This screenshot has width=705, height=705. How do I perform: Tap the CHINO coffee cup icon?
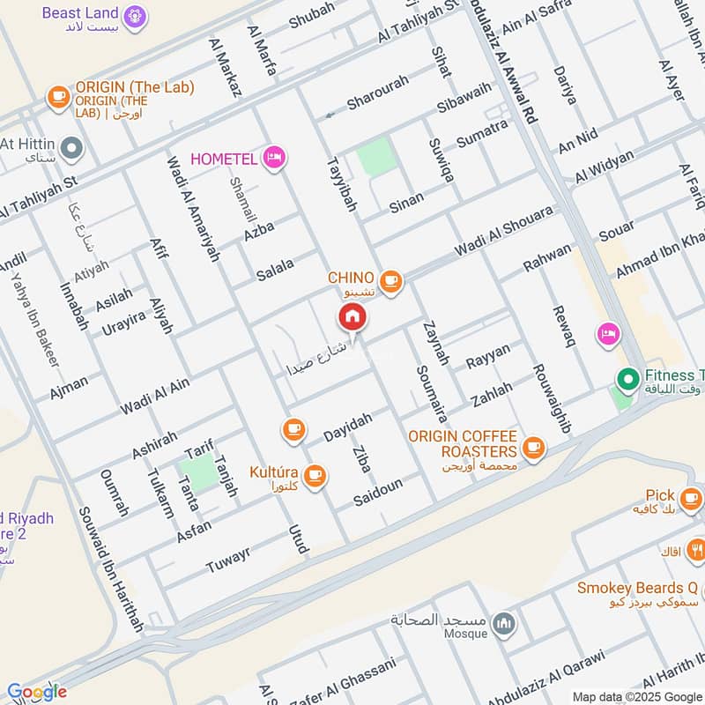click(392, 282)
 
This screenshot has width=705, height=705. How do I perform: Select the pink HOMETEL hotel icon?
click(275, 158)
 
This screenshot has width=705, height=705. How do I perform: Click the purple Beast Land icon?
click(134, 15)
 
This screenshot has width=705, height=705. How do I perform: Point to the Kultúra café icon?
click(315, 477)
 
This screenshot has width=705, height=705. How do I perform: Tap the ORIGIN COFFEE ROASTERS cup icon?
click(532, 448)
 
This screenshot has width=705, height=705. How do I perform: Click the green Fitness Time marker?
click(627, 380)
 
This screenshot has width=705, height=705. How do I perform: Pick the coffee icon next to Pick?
click(690, 496)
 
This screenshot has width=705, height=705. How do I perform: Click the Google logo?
click(37, 693)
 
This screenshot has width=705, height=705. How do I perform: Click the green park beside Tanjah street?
click(199, 473)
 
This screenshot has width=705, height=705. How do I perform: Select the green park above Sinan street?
click(376, 158)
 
